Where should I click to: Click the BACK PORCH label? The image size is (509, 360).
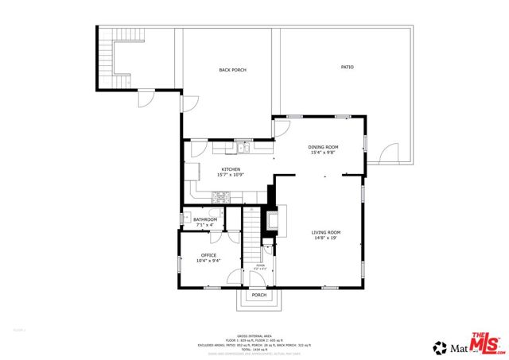232,71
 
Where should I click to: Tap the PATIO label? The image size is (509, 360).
347,67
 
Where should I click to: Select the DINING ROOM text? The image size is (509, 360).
324,147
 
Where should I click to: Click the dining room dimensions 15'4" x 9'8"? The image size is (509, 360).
324,153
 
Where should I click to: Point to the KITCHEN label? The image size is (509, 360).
231,169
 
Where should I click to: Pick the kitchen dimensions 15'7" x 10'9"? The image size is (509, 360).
231,175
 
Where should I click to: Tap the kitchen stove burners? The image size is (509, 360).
222,196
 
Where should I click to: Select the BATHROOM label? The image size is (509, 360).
205,219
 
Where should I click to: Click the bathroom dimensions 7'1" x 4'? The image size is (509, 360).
205,225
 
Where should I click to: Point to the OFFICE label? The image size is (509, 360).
208,255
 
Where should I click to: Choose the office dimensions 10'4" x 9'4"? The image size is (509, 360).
208,261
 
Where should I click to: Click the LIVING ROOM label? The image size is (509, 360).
325,232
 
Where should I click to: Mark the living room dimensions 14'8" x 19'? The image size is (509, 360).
325,238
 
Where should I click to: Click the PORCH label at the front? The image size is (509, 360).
258,295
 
